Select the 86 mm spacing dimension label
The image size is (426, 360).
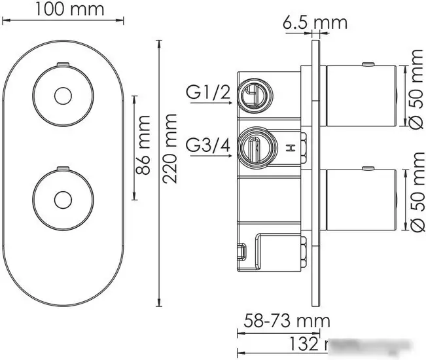[x=146, y=147]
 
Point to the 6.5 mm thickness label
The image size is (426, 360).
[x=314, y=23]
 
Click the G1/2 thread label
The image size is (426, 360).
[x=208, y=94]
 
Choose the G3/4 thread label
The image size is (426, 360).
[x=208, y=143]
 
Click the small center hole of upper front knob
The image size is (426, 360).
[x=63, y=96]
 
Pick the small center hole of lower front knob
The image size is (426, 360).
[x=63, y=197]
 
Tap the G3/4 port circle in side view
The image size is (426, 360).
[x=252, y=146]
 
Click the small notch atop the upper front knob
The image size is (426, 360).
[x=63, y=63]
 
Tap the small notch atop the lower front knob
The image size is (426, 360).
[x=63, y=166]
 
